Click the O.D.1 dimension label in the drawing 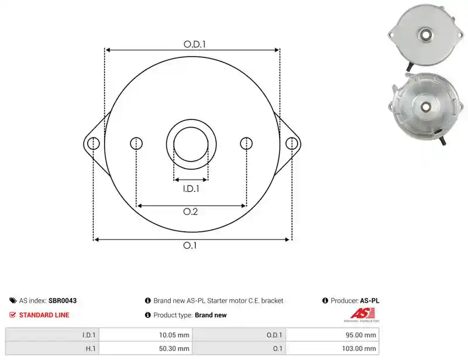tap(195, 44)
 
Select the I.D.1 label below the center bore tap(191, 189)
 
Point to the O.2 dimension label tap(191, 211)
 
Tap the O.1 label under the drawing tap(190, 245)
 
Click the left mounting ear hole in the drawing tap(94, 143)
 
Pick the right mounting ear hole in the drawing tap(291, 143)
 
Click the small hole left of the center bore tap(136, 143)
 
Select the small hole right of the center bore tap(246, 143)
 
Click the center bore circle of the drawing tap(191, 128)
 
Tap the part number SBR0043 tap(63, 300)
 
